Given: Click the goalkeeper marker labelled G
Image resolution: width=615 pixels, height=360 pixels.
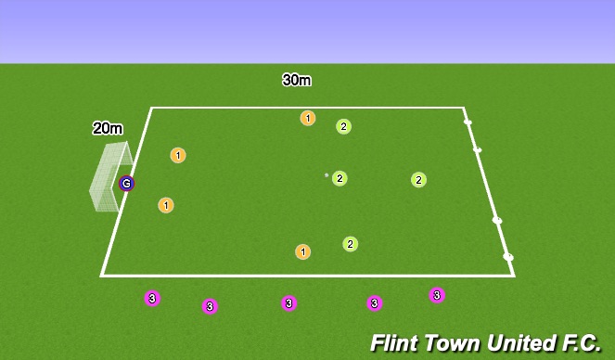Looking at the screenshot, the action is click(126, 184).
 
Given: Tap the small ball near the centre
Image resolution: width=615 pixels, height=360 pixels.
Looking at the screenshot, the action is click(327, 174).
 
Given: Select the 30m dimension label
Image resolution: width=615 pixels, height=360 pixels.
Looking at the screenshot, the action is click(297, 80).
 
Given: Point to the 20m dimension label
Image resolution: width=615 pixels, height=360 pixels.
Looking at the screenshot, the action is click(108, 129).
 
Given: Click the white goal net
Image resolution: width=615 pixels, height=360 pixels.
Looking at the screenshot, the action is click(107, 178).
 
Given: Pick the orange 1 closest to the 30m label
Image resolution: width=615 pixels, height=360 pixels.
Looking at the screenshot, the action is click(308, 118).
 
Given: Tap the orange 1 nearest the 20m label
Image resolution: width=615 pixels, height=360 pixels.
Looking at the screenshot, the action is click(178, 155).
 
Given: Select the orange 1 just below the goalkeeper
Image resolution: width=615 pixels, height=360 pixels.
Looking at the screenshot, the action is click(166, 205).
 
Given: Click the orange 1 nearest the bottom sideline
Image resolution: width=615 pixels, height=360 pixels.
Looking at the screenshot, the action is click(302, 251).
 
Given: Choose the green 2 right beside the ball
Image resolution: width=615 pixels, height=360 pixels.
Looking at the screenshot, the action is click(340, 178).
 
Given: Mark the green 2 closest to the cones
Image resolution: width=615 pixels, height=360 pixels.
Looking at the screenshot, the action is click(418, 180).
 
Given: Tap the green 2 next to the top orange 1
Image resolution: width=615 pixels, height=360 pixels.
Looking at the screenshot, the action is click(343, 126).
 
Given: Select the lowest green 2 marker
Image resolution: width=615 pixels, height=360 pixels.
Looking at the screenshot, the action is click(350, 244).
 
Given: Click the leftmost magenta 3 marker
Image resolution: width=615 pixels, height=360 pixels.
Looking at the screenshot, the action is click(152, 298).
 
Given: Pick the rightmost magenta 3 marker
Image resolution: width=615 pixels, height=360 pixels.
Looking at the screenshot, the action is click(437, 295).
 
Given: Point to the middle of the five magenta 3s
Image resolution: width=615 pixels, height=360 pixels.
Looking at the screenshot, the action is click(289, 302).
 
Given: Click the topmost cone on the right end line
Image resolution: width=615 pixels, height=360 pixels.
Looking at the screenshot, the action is click(468, 122).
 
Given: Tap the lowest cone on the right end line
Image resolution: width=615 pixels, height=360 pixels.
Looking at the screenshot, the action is click(508, 256).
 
